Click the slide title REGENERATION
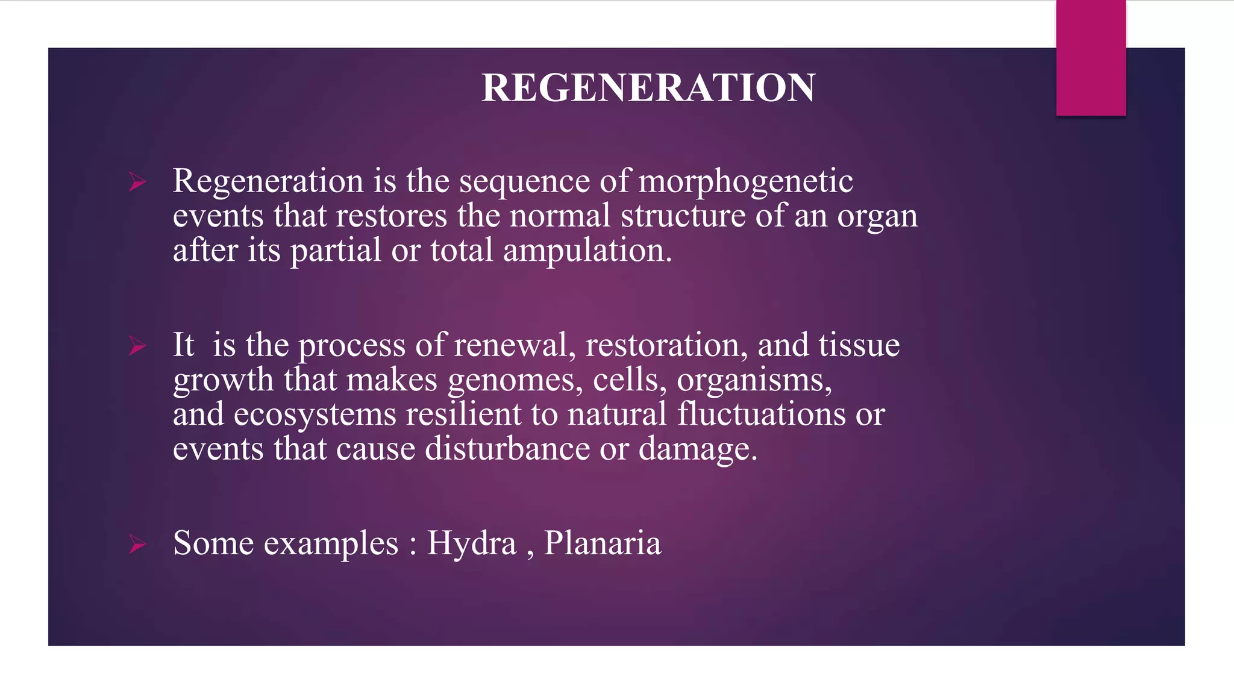tap(648, 88)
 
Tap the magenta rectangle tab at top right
tap(1091, 58)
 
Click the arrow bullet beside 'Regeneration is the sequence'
tap(137, 182)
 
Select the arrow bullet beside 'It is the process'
tap(137, 346)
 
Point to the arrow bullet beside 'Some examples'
tap(137, 544)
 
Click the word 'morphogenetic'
tap(745, 182)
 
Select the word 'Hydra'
tap(472, 543)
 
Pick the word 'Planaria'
tap(603, 543)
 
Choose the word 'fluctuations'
tap(761, 414)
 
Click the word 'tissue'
tap(859, 346)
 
